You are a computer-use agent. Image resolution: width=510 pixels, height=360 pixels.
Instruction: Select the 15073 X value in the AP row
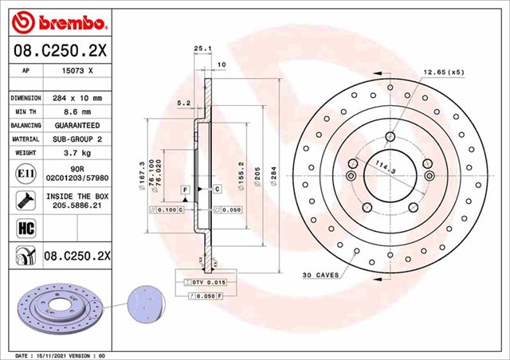77,70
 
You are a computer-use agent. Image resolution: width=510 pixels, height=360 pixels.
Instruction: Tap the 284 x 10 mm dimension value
78,97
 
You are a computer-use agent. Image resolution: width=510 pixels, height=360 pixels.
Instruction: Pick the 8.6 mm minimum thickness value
78,112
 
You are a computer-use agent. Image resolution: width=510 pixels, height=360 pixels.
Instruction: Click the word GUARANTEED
78,126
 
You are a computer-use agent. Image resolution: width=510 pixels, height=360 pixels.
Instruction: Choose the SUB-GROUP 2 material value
78,139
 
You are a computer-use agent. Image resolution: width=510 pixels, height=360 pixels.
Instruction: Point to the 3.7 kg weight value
78,153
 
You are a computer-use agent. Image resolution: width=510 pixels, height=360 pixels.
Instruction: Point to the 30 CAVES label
320,275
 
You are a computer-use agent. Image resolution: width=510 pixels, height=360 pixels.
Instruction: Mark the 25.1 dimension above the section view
202,49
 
